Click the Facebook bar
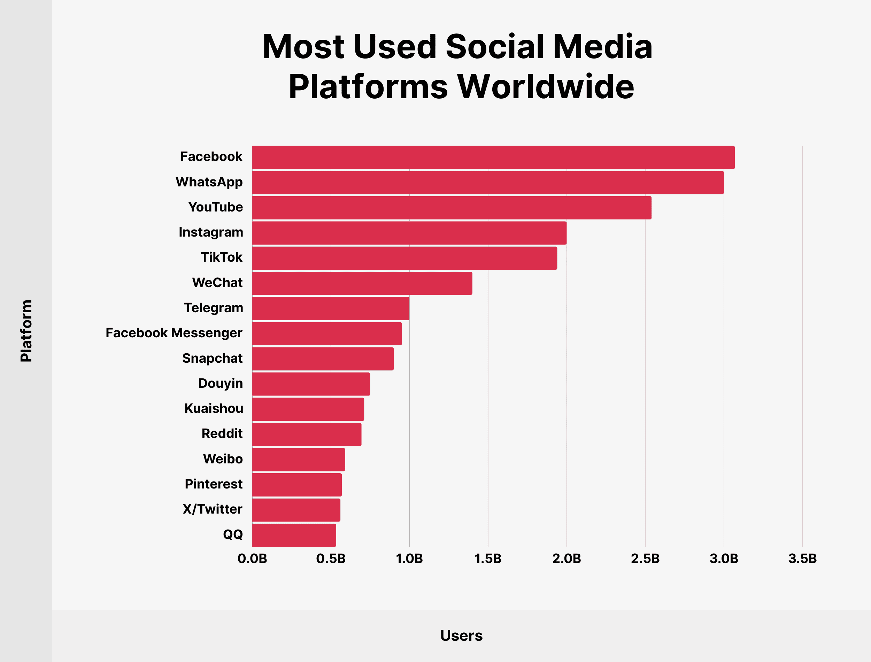[493, 157]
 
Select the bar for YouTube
[452, 208]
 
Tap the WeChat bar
[362, 283]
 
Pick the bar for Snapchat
[323, 359]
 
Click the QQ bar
[294, 535]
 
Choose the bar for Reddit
[307, 434]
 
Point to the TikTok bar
[404, 258]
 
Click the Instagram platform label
[211, 232]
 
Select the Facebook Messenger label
[174, 333]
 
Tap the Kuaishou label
[214, 409]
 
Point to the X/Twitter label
[212, 509]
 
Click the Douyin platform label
[220, 383]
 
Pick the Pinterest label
[214, 484]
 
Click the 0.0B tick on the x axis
[252, 559]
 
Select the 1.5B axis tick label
[488, 559]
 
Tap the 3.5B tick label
[802, 559]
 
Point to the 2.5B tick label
[645, 559]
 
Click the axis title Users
[461, 636]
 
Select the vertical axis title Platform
[26, 331]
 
